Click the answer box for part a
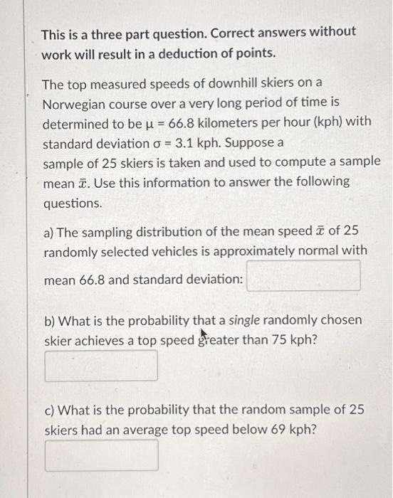(303, 276)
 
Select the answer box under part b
(101, 365)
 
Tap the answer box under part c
(101, 455)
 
